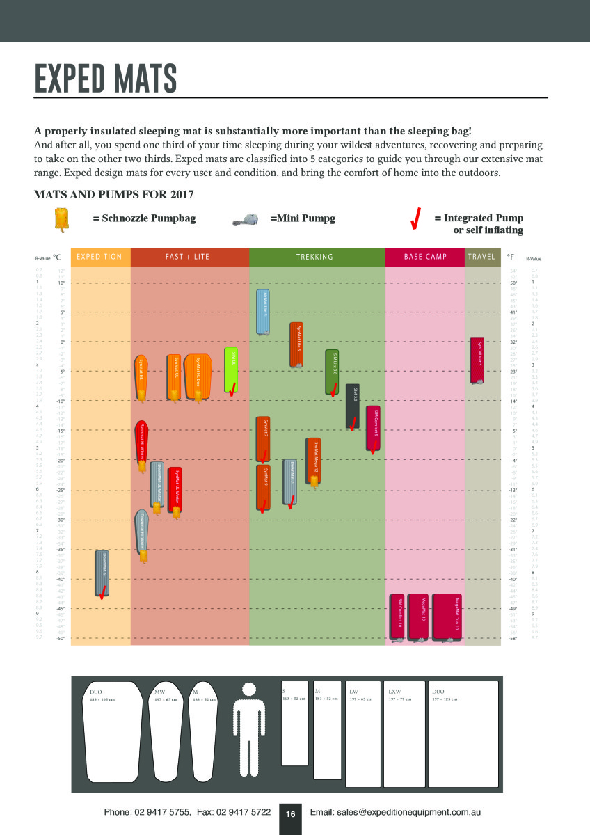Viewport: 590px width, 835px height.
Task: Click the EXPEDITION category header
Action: click(99, 257)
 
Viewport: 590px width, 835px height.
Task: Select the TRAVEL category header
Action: click(481, 257)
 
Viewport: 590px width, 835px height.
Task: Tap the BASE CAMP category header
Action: click(425, 257)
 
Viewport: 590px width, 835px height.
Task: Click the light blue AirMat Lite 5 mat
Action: click(263, 312)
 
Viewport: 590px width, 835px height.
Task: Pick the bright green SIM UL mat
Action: click(231, 369)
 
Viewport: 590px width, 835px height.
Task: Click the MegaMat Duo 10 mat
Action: click(452, 617)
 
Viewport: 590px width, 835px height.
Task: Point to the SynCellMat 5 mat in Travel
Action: click(478, 361)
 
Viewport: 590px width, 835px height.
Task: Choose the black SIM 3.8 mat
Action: click(353, 406)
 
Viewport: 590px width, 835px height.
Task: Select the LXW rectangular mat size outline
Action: click(404, 734)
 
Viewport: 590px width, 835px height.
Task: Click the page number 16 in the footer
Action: click(290, 813)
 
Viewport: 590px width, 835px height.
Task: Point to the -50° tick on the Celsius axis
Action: click(61, 638)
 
